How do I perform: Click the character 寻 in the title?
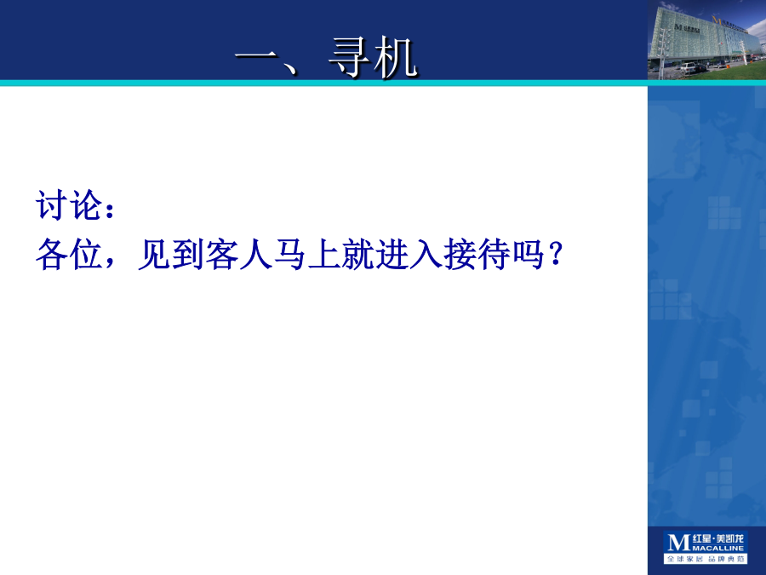coord(348,58)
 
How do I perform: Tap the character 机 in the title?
coord(395,58)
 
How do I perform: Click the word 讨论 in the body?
coord(69,204)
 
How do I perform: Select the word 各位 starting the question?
coord(69,254)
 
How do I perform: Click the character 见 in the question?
coord(154,254)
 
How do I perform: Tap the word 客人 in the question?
coord(239,254)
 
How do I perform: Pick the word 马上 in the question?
coord(307,254)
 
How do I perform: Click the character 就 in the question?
coord(358,254)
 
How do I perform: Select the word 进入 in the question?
coord(409,254)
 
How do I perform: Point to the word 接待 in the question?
coord(477,254)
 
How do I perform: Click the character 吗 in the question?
coord(528,254)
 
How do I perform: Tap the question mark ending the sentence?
coord(556,254)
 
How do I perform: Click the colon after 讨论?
coord(110,209)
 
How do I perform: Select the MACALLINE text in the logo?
coord(718,548)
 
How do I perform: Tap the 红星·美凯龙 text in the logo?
coord(718,539)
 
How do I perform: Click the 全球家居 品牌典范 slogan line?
coord(706,558)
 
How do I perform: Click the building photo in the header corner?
coord(707,40)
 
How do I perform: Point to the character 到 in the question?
coord(188,254)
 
